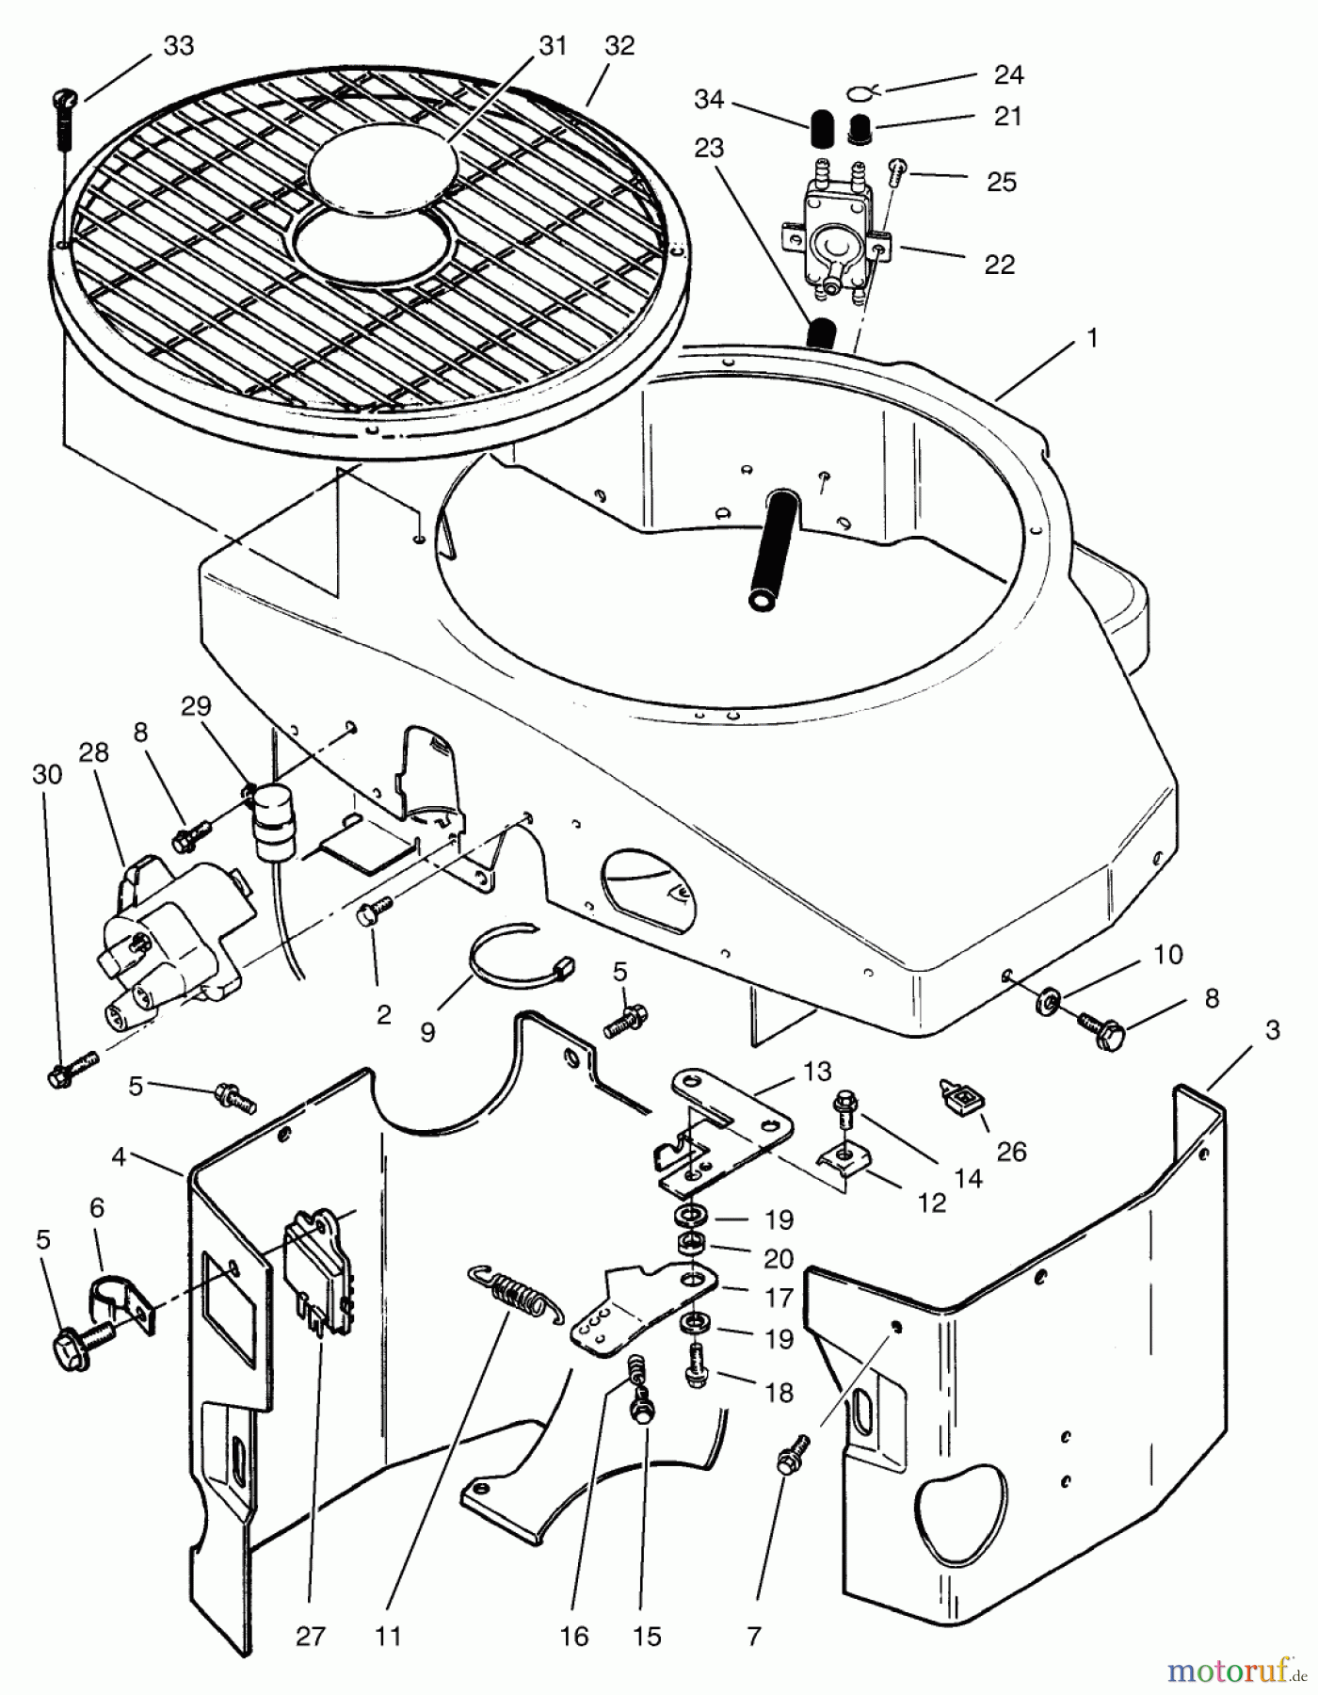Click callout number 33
(178, 45)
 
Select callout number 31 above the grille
(553, 45)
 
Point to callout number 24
(1008, 74)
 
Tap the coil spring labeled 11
(514, 1291)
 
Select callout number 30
(47, 774)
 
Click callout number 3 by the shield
(1272, 1030)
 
